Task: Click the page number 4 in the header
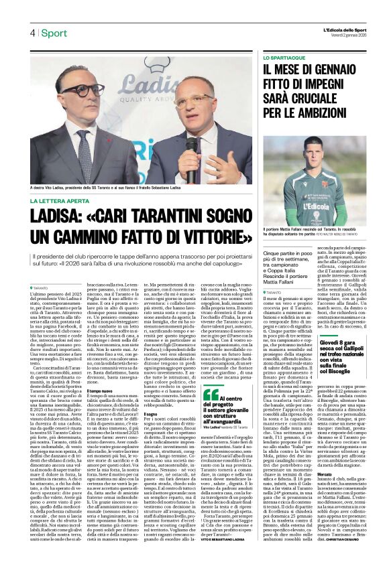tap(32, 33)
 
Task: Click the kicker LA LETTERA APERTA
tap(64, 200)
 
